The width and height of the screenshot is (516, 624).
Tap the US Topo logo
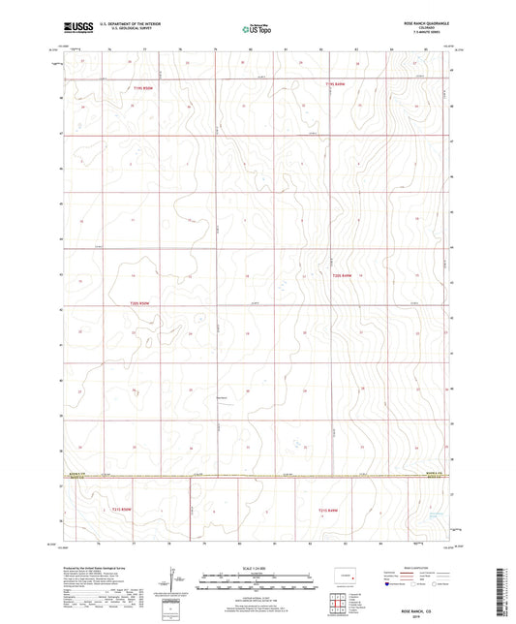pyautogui.click(x=257, y=30)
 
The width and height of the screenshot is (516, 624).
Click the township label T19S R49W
pyautogui.click(x=335, y=84)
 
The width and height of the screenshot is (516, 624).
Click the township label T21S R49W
pyautogui.click(x=329, y=509)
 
